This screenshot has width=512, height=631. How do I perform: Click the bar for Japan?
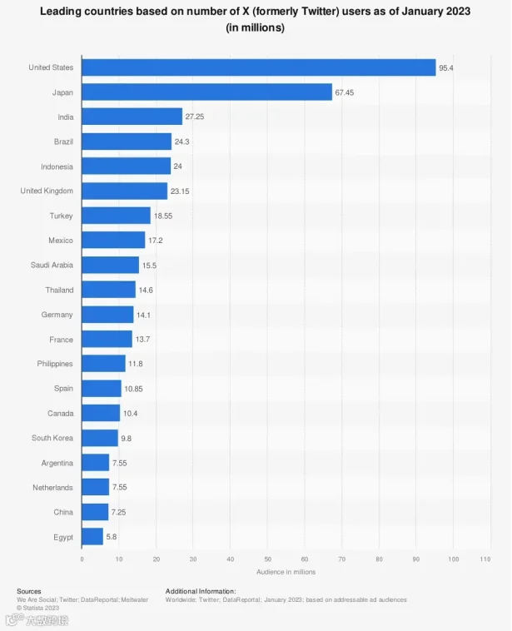click(x=207, y=92)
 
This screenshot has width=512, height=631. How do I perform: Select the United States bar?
click(x=259, y=67)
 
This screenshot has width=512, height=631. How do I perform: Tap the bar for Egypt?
click(x=92, y=536)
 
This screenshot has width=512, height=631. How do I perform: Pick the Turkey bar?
click(x=116, y=216)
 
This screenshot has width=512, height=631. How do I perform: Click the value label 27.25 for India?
click(x=195, y=117)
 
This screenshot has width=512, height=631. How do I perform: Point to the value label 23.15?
click(x=180, y=191)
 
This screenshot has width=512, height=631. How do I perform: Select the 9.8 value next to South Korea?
click(x=126, y=438)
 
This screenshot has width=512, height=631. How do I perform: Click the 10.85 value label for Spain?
click(x=133, y=389)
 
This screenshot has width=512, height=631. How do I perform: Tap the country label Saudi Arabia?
click(x=52, y=265)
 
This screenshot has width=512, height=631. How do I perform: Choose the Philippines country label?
click(x=55, y=364)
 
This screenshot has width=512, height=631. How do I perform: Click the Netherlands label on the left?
click(x=52, y=487)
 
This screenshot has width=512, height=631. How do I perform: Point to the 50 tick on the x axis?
click(x=268, y=559)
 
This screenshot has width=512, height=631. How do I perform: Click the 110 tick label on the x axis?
click(x=485, y=559)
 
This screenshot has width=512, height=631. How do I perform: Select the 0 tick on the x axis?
click(x=82, y=559)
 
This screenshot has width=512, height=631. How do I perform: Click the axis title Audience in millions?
click(x=286, y=572)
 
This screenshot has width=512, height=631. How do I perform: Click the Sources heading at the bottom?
click(x=29, y=591)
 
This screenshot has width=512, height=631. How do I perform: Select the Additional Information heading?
click(x=201, y=591)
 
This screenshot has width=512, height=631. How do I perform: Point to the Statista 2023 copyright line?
click(x=37, y=608)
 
